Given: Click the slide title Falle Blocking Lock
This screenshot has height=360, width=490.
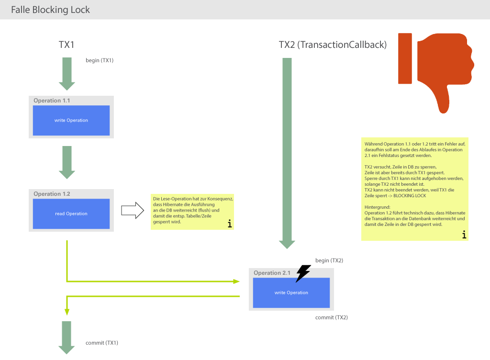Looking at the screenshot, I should pyautogui.click(x=50, y=10).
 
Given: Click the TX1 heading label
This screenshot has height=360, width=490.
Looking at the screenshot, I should pyautogui.click(x=67, y=45).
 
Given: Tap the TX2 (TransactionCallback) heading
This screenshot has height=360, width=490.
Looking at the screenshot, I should pyautogui.click(x=333, y=45).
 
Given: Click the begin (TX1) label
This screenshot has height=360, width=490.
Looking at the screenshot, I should pyautogui.click(x=100, y=60).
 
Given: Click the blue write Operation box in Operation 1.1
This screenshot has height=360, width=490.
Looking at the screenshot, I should pyautogui.click(x=71, y=120).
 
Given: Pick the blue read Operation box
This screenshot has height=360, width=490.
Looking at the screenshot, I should pyautogui.click(x=71, y=214).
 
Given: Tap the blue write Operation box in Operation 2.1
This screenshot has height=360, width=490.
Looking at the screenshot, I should pyautogui.click(x=291, y=292).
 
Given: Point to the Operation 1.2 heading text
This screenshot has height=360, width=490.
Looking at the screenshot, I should pyautogui.click(x=52, y=194).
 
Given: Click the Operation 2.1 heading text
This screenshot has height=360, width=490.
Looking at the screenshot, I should pyautogui.click(x=272, y=273).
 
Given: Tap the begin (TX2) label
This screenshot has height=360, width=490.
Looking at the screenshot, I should pyautogui.click(x=329, y=260).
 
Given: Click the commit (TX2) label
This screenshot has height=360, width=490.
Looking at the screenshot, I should pyautogui.click(x=331, y=317).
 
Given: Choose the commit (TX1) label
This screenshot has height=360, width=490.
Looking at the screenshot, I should pyautogui.click(x=101, y=343).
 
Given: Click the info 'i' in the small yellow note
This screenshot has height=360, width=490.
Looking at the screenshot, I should pyautogui.click(x=229, y=224).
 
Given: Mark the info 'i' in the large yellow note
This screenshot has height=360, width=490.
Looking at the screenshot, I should pyautogui.click(x=463, y=235).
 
